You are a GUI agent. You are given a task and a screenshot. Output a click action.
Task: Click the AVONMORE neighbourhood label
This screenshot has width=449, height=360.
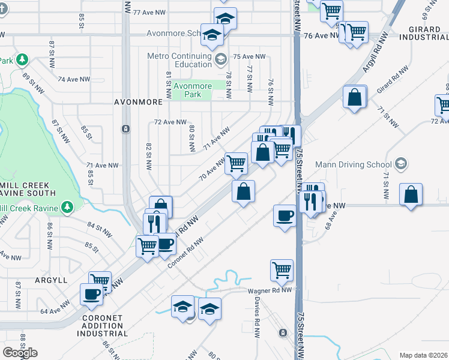pyautogui.click(x=138, y=103)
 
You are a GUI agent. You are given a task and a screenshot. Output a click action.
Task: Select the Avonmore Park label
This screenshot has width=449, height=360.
pyautogui.click(x=192, y=91)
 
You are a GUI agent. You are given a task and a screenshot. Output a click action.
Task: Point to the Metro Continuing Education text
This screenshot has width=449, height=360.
pyautogui.click(x=180, y=61)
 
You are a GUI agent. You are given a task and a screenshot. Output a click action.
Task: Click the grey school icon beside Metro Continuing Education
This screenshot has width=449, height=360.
pyautogui.click(x=221, y=59)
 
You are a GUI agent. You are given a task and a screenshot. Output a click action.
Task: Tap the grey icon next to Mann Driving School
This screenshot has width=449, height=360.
pyautogui.click(x=401, y=164)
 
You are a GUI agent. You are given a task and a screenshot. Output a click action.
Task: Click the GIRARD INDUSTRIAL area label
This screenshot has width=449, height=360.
pyautogui.click(x=423, y=32)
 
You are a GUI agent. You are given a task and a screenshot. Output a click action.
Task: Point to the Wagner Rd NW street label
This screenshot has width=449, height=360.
pyautogui.click(x=270, y=290)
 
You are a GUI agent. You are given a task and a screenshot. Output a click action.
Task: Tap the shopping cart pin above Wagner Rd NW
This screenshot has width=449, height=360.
pyautogui.click(x=282, y=270)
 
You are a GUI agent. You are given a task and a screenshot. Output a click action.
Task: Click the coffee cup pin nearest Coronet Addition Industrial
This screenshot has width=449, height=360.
pyautogui.click(x=92, y=294)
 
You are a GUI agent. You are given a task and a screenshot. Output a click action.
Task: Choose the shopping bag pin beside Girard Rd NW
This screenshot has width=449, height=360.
pyautogui.click(x=355, y=97)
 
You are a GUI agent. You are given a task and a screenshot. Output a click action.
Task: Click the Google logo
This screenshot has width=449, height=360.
pyautogui.click(x=20, y=353)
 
